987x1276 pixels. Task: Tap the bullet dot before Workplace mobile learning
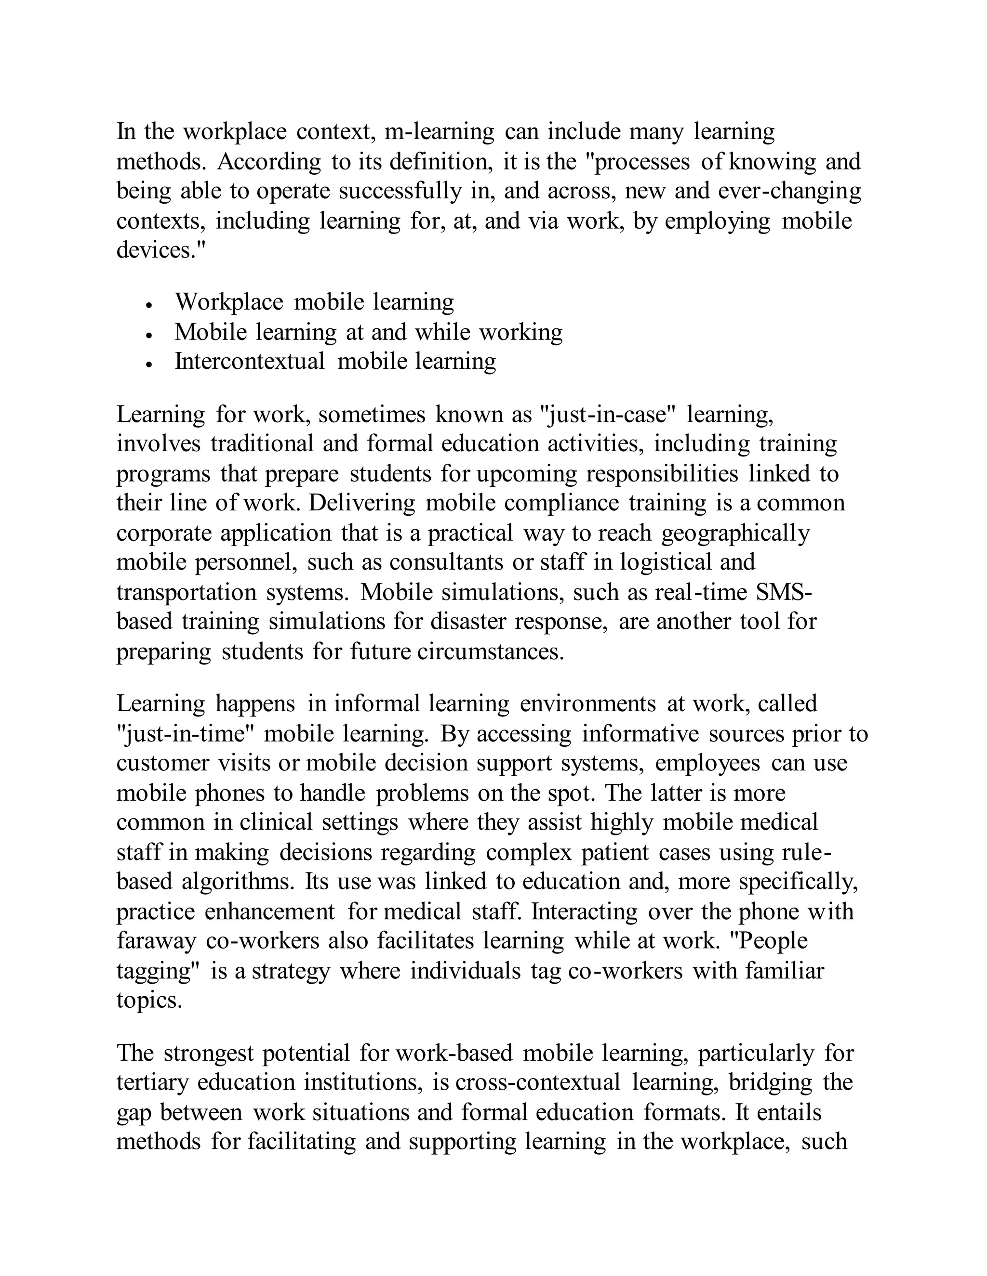pyautogui.click(x=150, y=305)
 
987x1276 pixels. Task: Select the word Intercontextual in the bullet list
pyautogui.click(x=250, y=361)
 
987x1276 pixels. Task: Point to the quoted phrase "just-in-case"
pyautogui.click(x=607, y=414)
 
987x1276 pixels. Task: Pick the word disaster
pyautogui.click(x=468, y=621)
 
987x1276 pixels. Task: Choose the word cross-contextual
pyautogui.click(x=537, y=1082)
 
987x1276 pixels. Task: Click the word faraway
pyautogui.click(x=156, y=941)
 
